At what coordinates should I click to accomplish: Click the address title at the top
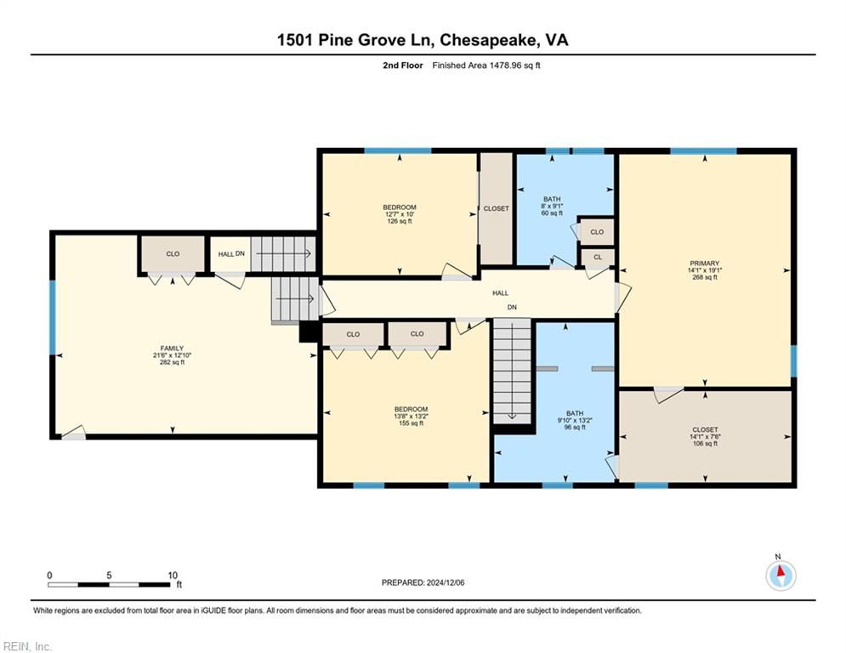click(423, 40)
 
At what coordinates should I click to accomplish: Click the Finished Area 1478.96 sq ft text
click(486, 65)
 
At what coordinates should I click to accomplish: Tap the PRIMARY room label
click(705, 270)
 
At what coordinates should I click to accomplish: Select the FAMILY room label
click(172, 355)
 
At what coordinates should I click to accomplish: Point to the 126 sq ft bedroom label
click(400, 213)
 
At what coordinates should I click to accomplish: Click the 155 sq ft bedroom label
click(412, 416)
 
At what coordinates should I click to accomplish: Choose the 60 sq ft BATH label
click(552, 206)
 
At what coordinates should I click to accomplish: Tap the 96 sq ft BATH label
click(575, 420)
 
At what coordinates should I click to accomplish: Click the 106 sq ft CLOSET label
click(705, 436)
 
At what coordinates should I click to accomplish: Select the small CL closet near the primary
click(598, 258)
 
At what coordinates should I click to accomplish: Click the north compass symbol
click(781, 574)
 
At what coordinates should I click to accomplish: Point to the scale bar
click(110, 584)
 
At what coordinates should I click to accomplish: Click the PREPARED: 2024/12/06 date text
click(423, 582)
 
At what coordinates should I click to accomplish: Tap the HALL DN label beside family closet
click(231, 253)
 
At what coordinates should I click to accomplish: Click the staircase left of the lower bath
click(512, 371)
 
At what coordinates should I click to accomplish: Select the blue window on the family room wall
click(53, 317)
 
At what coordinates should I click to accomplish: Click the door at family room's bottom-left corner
click(74, 433)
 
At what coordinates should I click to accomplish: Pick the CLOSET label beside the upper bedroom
click(496, 208)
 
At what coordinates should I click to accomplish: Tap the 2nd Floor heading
click(402, 65)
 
